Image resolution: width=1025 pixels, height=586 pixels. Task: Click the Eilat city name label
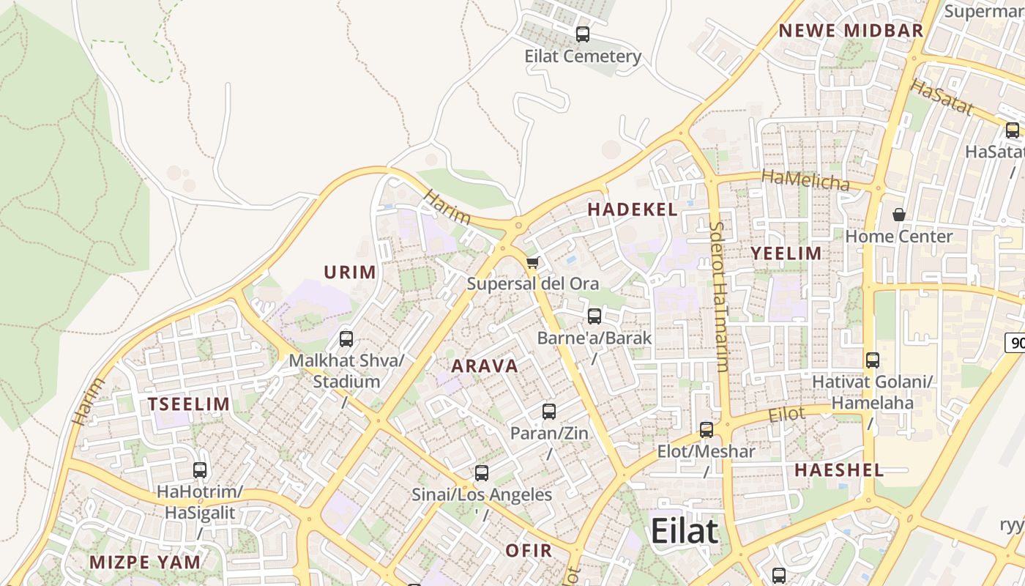coord(685,531)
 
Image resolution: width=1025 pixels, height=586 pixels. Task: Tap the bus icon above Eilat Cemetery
coord(583,34)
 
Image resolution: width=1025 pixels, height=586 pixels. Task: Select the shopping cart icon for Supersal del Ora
coord(532,262)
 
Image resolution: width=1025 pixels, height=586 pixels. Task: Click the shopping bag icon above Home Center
coord(898,215)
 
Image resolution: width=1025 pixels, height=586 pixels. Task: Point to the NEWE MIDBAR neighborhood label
coord(851,31)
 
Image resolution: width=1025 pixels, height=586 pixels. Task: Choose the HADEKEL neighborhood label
coord(633,209)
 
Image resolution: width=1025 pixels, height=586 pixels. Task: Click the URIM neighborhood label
coord(350,272)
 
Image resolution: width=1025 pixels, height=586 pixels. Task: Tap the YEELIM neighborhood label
coord(786,253)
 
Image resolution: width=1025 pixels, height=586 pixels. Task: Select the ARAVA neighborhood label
coord(485,366)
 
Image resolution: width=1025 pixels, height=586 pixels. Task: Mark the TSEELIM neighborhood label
coord(189,404)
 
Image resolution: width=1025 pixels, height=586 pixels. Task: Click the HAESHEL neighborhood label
coord(839,470)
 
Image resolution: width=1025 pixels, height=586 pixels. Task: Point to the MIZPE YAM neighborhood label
coord(145,563)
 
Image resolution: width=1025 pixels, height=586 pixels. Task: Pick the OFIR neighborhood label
coord(529,550)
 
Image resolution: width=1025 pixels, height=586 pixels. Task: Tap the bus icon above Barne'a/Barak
coord(594,316)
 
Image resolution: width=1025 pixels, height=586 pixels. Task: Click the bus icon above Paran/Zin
coord(549,412)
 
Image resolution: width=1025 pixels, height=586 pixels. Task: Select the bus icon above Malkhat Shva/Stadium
coord(346,339)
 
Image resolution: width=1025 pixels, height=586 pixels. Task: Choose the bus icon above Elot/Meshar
coord(707,430)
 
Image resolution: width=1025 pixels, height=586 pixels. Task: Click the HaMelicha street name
coord(805,179)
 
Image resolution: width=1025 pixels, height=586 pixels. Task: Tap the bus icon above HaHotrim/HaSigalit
coord(200,470)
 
